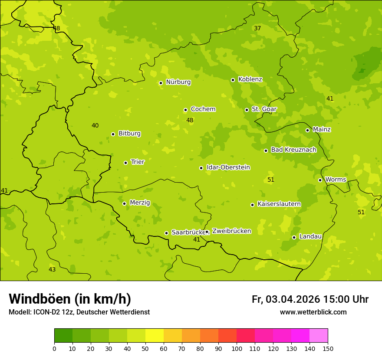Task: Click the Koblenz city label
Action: point(250,79)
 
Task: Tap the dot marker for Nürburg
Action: point(161,83)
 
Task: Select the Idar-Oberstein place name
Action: point(228,167)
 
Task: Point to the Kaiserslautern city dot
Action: point(252,205)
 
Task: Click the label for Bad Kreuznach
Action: point(293,150)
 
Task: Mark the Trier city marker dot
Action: point(125,163)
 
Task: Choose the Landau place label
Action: point(310,236)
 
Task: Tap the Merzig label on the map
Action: point(140,203)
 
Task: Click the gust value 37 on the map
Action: point(257,29)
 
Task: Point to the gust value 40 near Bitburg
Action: point(95,126)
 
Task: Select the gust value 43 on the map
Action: point(52,270)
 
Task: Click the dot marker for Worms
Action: point(320,180)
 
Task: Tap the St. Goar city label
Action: point(264,109)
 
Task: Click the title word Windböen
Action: point(40,299)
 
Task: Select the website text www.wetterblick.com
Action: point(313,312)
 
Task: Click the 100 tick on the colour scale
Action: point(237,348)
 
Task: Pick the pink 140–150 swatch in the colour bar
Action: point(319,336)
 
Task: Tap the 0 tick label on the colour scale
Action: point(54,348)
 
